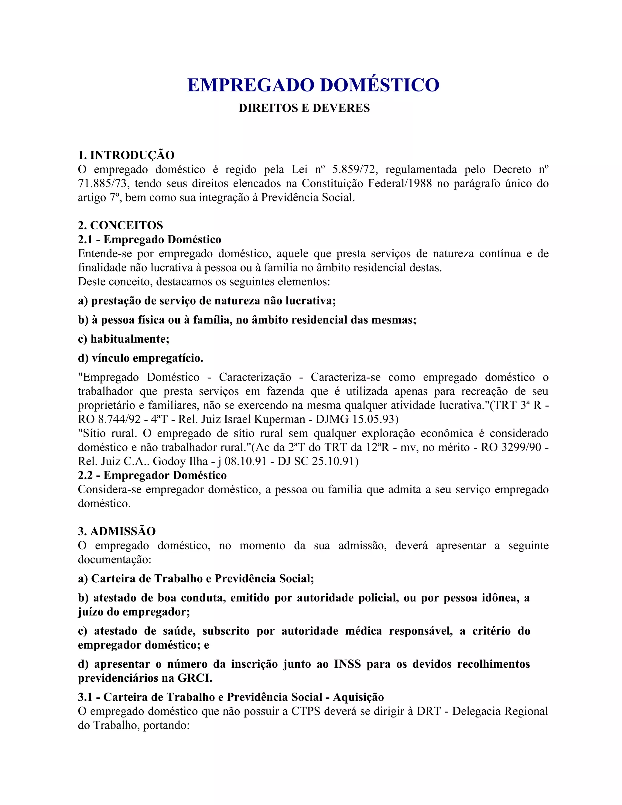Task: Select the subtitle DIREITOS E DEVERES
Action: pos(304,108)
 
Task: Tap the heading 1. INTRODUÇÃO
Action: pos(126,155)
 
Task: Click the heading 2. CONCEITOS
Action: pos(120,225)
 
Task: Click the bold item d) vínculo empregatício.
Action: pos(140,358)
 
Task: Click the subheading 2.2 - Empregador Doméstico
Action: pos(152,475)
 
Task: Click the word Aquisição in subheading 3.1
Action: pos(358,697)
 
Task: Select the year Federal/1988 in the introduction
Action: pos(405,183)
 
